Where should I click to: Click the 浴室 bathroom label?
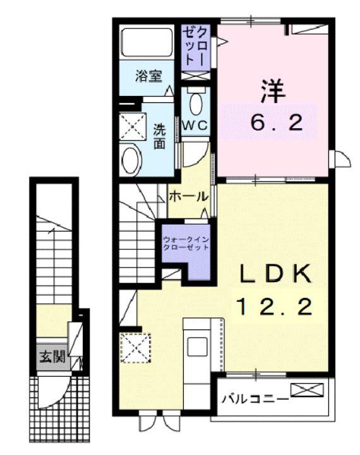(149, 77)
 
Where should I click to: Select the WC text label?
(196, 124)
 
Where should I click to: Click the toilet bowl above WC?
(196, 101)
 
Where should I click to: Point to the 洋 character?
(273, 90)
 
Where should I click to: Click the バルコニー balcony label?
(255, 399)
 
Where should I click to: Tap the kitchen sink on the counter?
(197, 345)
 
